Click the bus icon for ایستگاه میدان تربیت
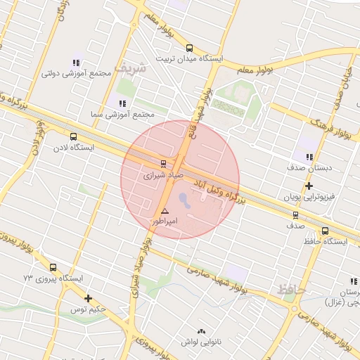coord(189,48)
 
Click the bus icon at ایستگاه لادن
coord(74,137)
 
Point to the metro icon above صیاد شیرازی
coord(164,162)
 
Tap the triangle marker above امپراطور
coord(165,211)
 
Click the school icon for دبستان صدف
coord(309,157)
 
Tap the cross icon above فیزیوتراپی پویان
coord(309,186)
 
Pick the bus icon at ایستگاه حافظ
coord(325,231)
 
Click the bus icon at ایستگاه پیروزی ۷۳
coord(53,267)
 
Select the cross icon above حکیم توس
coord(88,298)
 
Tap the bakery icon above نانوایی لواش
coord(202,331)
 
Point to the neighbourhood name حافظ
coord(291,288)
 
